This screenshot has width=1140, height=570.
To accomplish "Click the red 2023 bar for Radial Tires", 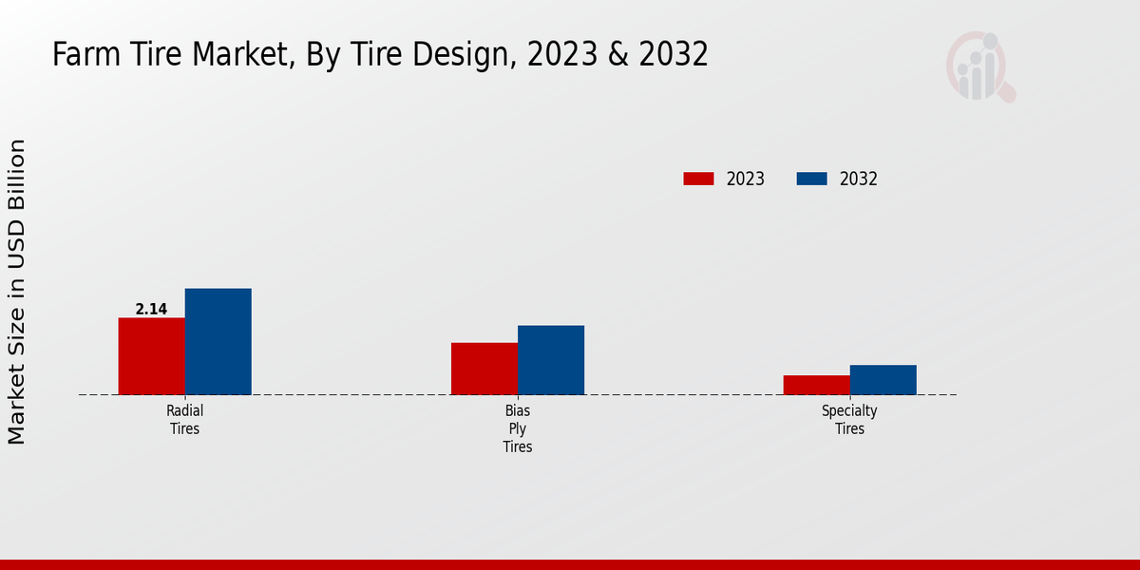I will [x=151, y=356].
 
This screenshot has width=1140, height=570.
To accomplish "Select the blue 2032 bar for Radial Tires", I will [x=218, y=341].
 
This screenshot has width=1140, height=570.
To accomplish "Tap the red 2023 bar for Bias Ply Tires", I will [x=484, y=369].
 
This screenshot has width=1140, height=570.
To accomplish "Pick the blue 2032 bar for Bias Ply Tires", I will [x=551, y=360].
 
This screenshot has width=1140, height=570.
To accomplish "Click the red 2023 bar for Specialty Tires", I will [x=816, y=385].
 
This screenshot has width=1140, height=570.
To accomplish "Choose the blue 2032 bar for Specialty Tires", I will [x=883, y=380].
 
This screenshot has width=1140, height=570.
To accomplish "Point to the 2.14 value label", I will [x=151, y=309].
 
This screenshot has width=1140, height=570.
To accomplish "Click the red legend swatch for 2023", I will [x=698, y=179].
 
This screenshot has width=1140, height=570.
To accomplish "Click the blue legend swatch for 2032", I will [x=811, y=179].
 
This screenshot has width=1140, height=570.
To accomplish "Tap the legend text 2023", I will [x=745, y=179].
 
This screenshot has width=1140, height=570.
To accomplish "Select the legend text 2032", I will [x=858, y=179].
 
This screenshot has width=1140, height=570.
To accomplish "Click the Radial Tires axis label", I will [x=184, y=420].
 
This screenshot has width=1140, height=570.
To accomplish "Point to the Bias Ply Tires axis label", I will [x=518, y=428].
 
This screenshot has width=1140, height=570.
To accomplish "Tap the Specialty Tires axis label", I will [x=849, y=420].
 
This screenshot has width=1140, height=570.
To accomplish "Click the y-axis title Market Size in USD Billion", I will [x=17, y=292].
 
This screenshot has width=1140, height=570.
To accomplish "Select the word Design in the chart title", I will [x=465, y=55].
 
